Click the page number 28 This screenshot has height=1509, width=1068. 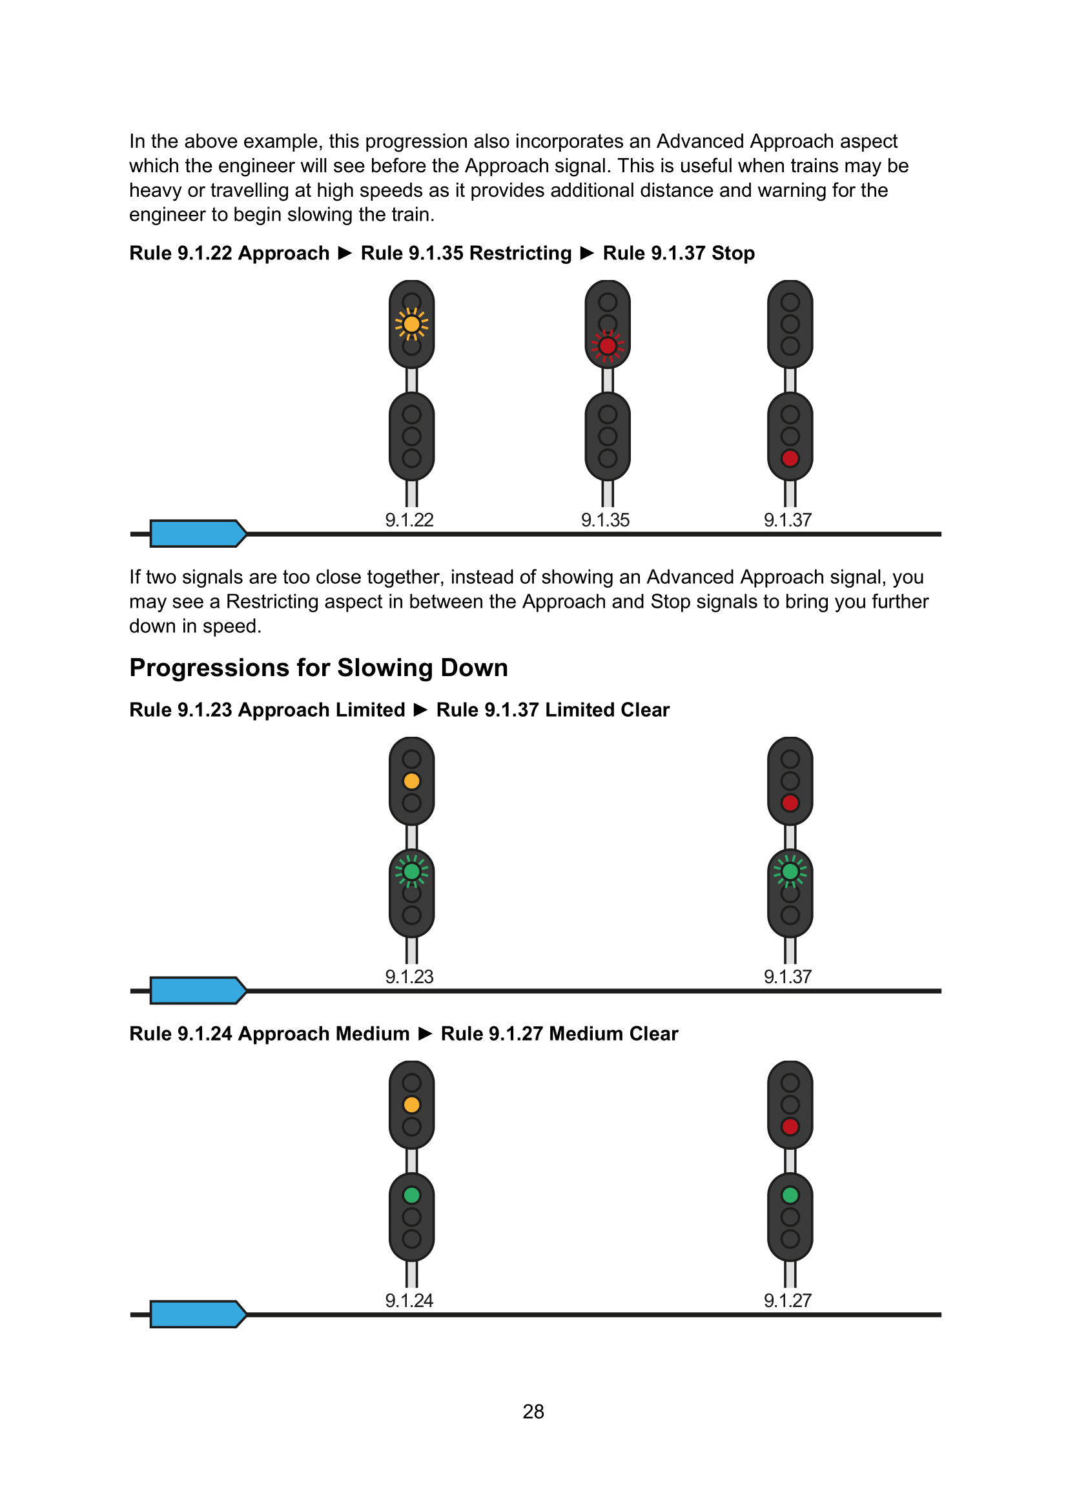[533, 1411]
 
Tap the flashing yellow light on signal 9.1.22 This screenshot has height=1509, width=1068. [412, 324]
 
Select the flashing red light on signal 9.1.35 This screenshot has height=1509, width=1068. [608, 346]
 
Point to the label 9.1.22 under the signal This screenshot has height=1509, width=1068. [409, 520]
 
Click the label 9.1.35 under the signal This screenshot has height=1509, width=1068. [605, 520]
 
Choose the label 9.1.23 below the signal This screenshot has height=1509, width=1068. [409, 977]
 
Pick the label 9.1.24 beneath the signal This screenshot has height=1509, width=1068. [409, 1300]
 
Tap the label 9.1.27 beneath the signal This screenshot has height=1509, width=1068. [788, 1300]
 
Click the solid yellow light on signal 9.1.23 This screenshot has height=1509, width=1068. [412, 781]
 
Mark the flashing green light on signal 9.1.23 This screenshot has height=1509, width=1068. [412, 872]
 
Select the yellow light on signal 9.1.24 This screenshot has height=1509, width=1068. [412, 1104]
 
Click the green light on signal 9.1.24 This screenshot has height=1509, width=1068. [412, 1195]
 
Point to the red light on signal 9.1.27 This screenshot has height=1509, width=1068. [790, 1126]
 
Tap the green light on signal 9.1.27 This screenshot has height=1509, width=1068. [790, 1195]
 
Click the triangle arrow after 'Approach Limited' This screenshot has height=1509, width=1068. [421, 710]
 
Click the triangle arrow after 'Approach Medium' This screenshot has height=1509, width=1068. [426, 1034]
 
